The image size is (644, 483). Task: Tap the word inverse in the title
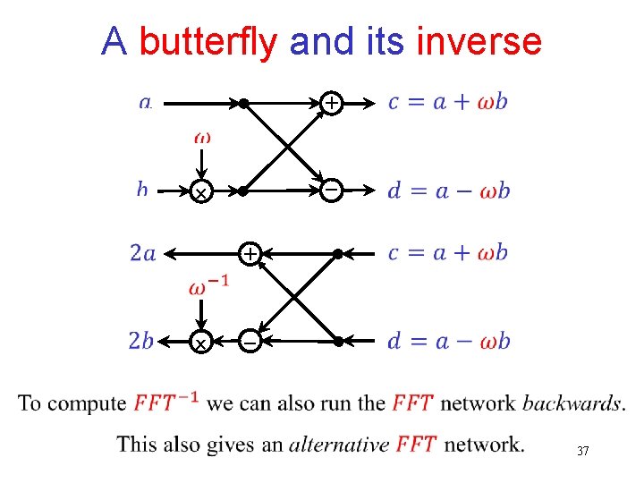(479, 41)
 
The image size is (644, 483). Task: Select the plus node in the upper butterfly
(331, 104)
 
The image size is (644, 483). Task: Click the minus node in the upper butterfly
(331, 191)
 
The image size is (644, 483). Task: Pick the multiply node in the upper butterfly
(202, 192)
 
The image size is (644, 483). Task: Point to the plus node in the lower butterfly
(251, 254)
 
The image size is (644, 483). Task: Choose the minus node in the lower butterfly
(251, 341)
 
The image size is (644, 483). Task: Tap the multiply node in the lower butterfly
(202, 343)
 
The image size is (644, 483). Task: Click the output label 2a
(142, 254)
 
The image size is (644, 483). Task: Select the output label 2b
(141, 341)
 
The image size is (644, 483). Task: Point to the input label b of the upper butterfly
(142, 189)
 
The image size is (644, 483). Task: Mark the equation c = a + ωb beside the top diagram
(448, 102)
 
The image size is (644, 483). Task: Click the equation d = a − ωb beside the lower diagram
(448, 341)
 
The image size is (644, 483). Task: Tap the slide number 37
(582, 451)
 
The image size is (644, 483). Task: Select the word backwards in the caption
(572, 402)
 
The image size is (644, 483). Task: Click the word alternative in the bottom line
(339, 444)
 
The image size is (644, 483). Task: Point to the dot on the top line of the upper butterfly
(243, 104)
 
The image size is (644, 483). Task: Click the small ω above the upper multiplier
(203, 139)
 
